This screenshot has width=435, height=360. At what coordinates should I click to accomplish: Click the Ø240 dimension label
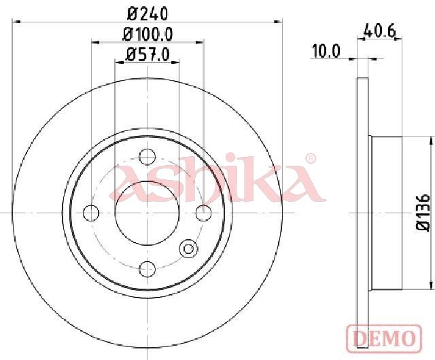coord(147,14)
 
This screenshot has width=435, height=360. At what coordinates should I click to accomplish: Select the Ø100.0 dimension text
coord(148,35)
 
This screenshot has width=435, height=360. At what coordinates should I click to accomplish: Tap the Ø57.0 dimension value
coord(147,54)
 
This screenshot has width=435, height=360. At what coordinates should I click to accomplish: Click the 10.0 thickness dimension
coord(326,52)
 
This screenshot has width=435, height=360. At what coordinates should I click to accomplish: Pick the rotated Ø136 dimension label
coord(423,212)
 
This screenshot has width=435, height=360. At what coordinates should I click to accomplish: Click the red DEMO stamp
coord(384,338)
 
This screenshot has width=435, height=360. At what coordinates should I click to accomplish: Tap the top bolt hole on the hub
coord(147,157)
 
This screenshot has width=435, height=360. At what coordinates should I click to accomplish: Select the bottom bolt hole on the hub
coord(147,268)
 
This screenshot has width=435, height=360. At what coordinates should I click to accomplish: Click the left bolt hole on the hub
coord(91,213)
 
